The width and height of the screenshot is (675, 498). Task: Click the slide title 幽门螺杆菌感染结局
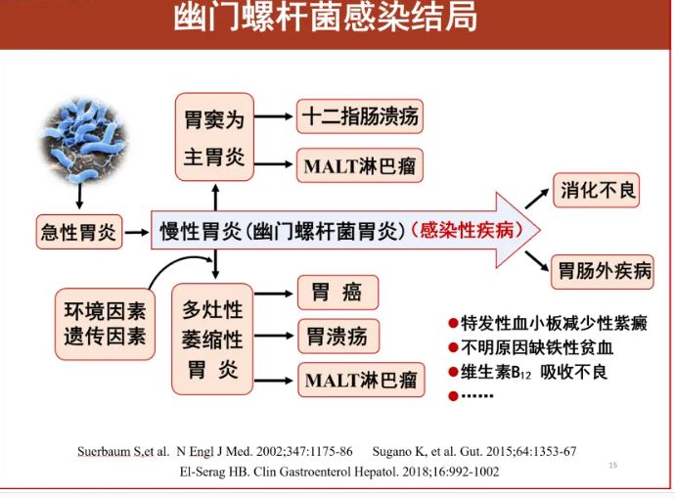point(326,18)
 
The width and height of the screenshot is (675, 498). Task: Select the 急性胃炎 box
point(79,232)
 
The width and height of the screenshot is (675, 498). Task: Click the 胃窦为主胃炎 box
point(214,137)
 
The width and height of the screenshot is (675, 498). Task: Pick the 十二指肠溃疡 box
point(360,116)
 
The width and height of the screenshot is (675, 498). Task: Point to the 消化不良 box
point(596,190)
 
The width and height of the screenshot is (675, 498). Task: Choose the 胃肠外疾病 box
point(603,272)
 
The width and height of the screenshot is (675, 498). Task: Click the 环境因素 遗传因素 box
point(105,324)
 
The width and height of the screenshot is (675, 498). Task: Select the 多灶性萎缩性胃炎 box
point(212,340)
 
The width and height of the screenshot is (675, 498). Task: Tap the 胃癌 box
point(337,293)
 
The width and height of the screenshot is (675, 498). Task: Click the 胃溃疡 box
point(338,337)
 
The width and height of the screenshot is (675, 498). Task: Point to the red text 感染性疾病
point(467,230)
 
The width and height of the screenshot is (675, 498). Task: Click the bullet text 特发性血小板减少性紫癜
point(554,323)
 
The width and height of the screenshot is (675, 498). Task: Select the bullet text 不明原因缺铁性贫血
point(537,347)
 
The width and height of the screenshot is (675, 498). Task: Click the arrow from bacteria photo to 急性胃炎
point(79,197)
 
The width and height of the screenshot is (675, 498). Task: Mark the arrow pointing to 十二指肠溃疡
point(273,116)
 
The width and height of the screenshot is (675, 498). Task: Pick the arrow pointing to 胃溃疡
point(274,336)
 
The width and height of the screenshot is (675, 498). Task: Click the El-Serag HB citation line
point(339,472)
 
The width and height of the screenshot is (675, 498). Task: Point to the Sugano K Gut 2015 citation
point(474,451)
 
